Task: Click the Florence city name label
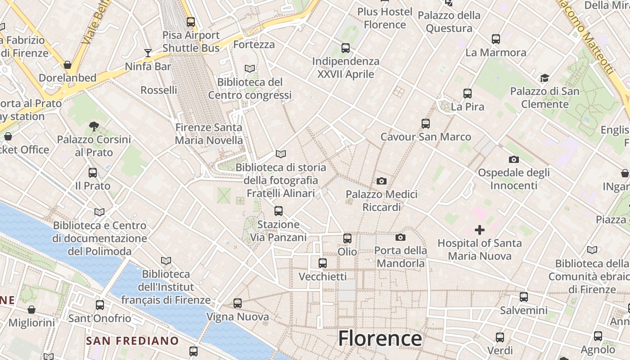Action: (x=380, y=338)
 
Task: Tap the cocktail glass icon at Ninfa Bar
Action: (x=148, y=53)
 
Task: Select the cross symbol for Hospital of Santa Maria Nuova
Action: (x=480, y=230)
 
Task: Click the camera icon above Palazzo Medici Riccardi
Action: (x=382, y=181)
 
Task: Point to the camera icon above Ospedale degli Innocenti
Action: (x=513, y=159)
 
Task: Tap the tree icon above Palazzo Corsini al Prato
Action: (x=94, y=126)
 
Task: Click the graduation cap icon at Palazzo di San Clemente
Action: (x=544, y=78)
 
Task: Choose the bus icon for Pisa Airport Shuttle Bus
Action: (x=191, y=22)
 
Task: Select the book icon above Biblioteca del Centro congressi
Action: (x=250, y=69)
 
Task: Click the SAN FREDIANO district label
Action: (x=132, y=341)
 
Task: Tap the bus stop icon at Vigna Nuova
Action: (x=238, y=303)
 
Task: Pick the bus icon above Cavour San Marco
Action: (x=426, y=123)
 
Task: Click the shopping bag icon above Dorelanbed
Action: (x=67, y=65)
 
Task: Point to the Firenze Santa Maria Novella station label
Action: (x=209, y=134)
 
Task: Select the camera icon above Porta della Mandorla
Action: (x=400, y=237)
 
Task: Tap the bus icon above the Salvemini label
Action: (x=524, y=297)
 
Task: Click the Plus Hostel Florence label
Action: (x=385, y=18)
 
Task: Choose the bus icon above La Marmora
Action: (x=496, y=39)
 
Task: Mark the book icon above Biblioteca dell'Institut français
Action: (x=166, y=261)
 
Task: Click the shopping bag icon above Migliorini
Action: (x=31, y=310)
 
